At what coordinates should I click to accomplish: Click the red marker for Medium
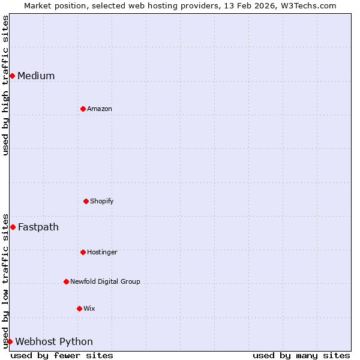point(12,76)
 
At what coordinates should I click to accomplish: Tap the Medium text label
point(36,76)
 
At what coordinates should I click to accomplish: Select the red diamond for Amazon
point(83,109)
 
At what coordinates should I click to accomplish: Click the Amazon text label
point(100,109)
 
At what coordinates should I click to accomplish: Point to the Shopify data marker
point(86,201)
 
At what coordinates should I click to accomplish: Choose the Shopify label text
point(102,201)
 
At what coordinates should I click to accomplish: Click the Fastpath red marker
point(13,227)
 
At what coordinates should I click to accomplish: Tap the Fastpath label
point(38,227)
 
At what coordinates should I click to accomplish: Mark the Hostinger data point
point(83,252)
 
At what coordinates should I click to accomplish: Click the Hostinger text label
point(102,252)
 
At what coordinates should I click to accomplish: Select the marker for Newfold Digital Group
point(66,281)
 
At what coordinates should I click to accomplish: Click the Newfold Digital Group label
point(105,281)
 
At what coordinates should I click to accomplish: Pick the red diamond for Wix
point(79,308)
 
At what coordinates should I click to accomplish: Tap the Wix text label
point(89,308)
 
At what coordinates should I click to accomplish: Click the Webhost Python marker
point(10,341)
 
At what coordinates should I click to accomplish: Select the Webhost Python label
point(54,341)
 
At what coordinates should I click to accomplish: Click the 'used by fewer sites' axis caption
point(62,355)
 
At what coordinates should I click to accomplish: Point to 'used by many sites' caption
point(301,355)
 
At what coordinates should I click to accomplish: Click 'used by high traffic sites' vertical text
point(5,86)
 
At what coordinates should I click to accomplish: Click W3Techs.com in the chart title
point(308,5)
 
